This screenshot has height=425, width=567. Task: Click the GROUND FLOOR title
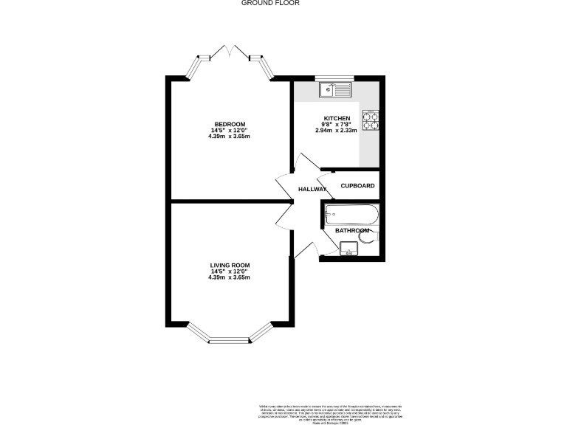(270, 3)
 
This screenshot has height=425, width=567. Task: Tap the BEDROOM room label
(230, 124)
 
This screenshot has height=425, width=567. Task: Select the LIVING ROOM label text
(230, 265)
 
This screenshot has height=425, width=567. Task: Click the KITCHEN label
(336, 119)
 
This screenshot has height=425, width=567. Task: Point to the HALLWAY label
(312, 190)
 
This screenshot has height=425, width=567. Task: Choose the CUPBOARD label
(357, 186)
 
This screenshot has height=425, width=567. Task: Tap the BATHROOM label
(351, 231)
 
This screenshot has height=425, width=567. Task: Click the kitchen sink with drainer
(336, 90)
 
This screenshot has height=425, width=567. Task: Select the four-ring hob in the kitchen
(370, 120)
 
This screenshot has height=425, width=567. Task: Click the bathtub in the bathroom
(351, 215)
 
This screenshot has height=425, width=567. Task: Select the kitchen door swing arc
(304, 164)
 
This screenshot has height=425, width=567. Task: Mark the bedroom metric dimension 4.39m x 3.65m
(230, 137)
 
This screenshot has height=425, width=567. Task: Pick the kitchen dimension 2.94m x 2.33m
(336, 131)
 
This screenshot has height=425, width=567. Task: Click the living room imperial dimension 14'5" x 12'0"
(230, 272)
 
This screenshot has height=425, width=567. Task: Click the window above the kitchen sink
(335, 77)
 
